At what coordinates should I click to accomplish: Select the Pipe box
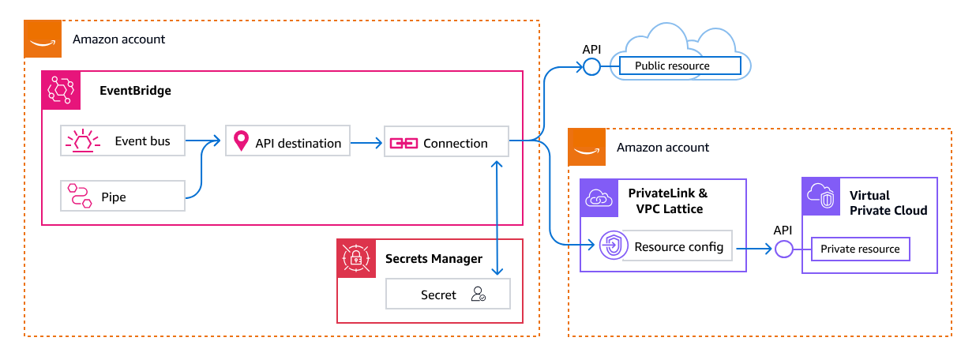122,197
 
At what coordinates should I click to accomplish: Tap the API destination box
287,143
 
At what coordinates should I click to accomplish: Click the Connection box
446,143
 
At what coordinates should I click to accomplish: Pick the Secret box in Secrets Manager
448,294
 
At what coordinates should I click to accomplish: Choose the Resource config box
678,246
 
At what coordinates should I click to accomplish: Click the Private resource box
860,249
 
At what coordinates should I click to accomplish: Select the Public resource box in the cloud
679,66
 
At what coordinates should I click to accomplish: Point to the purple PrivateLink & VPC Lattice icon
599,198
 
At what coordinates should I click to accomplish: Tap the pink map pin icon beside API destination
241,143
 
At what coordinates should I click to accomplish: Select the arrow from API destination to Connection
366,143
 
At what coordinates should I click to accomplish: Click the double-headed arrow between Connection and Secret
497,218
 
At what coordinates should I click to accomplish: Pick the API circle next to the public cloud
591,67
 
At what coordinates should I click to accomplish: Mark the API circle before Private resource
783,249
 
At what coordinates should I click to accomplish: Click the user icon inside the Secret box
478,294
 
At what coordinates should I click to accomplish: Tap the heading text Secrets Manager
434,258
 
